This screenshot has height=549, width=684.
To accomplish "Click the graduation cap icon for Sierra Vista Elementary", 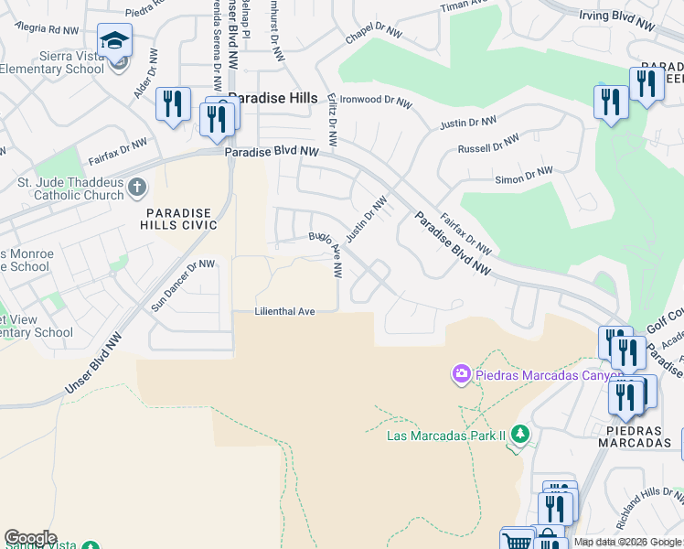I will (115, 41).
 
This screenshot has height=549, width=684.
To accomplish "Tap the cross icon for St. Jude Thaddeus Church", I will (137, 188).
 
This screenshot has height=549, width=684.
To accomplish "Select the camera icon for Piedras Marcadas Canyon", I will (461, 373).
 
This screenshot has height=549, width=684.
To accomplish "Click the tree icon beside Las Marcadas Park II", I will (519, 433).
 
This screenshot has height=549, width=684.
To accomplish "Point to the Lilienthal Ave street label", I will (284, 312).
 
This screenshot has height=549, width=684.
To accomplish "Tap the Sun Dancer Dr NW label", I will (183, 285).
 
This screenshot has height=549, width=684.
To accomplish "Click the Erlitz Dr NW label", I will (332, 124).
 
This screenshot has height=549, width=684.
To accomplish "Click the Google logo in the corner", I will (30, 537).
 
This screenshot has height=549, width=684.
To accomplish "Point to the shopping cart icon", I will (518, 540).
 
